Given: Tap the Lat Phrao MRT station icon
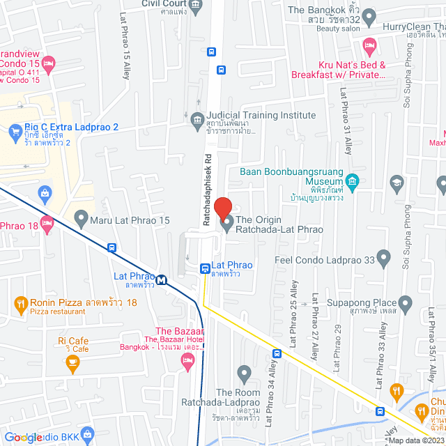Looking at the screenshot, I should pyautogui.click(x=162, y=280).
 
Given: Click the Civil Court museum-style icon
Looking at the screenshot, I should pyautogui.click(x=196, y=5).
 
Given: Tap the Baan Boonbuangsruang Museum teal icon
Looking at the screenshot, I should pyautogui.click(x=353, y=183).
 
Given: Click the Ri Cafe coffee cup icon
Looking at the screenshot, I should pyautogui.click(x=71, y=362).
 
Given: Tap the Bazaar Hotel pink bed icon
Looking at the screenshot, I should pyautogui.click(x=185, y=360).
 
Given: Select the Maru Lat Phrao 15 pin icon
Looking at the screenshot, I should pyautogui.click(x=81, y=221).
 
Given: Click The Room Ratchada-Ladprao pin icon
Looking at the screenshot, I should pyautogui.click(x=244, y=374).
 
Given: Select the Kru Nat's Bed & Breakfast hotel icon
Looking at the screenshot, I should pyautogui.click(x=369, y=46).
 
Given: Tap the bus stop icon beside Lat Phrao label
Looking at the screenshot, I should pyautogui.click(x=205, y=268).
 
